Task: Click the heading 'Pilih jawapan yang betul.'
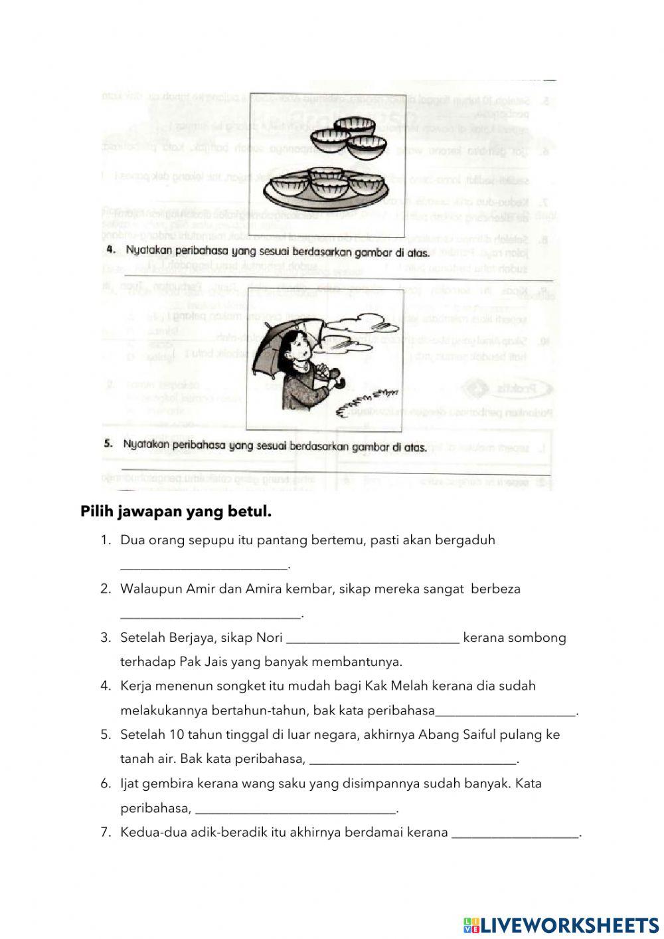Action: click(176, 512)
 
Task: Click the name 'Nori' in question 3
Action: click(269, 638)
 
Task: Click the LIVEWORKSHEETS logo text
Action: click(569, 925)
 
